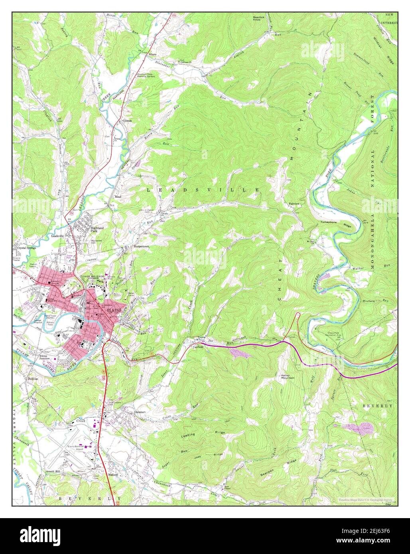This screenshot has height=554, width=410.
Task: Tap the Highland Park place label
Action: (x=97, y=229)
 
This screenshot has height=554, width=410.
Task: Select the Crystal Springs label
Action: (x=27, y=248)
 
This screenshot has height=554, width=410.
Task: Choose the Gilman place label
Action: (x=127, y=120)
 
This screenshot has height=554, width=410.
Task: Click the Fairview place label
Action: (x=294, y=204)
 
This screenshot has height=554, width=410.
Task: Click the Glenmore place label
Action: (x=141, y=412)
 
